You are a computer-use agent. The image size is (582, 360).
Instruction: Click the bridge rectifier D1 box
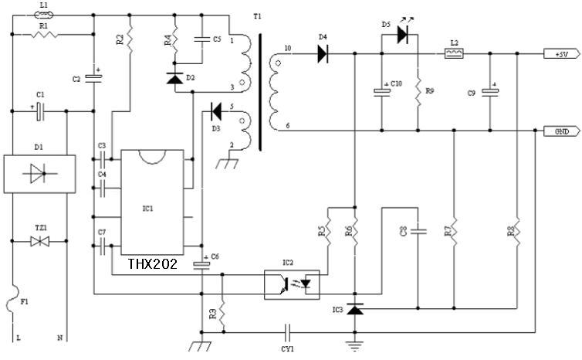[39, 174]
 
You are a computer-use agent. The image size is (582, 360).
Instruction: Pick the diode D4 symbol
[322, 53]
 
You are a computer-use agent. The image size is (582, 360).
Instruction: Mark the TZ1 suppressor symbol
[39, 242]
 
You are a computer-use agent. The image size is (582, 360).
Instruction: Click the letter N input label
[59, 338]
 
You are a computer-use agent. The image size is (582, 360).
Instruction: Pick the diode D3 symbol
[218, 110]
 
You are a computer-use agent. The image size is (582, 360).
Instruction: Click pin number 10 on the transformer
[288, 48]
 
